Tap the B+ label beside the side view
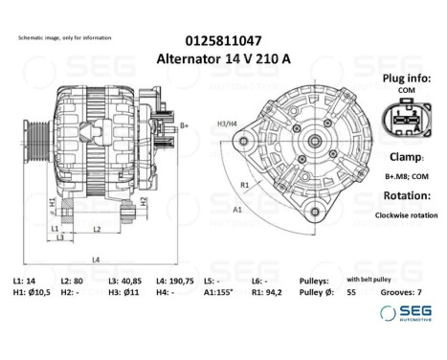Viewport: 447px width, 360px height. [x=185, y=125]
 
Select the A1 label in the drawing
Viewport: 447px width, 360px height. [x=235, y=208]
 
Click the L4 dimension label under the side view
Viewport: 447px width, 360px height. [x=96, y=259]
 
